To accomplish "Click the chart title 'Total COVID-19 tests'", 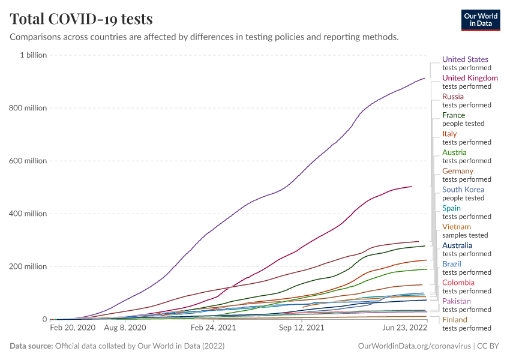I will click(81, 19).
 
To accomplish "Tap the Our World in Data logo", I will click(481, 19).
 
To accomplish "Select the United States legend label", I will click(465, 59).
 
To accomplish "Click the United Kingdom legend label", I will click(470, 78).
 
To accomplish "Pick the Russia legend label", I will click(453, 97).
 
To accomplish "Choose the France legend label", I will click(454, 115).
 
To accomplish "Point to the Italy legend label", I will click(449, 134).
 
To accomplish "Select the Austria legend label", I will click(454, 152).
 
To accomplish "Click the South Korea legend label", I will click(463, 190).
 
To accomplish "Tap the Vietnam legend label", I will click(456, 227).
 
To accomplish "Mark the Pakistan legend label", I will click(457, 301).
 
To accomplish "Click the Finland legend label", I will click(455, 320).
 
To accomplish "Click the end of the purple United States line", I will click(425, 78).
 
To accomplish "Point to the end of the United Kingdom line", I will click(412, 187).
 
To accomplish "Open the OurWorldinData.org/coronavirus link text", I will click(413, 346).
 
